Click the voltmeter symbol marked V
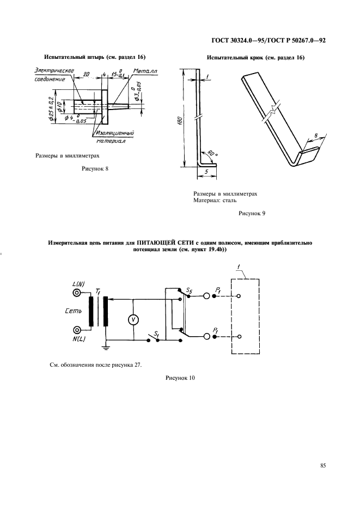tap(133, 320)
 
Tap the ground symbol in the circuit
tap(106, 348)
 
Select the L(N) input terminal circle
tap(77, 293)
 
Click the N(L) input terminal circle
tap(77, 330)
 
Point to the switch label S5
tap(189, 290)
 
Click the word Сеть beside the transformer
tap(73, 311)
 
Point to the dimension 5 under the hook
tap(206, 172)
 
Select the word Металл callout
tap(145, 71)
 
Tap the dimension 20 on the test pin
tap(87, 74)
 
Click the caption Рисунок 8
tap(95, 168)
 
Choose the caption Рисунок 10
tap(180, 378)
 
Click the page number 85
tap(323, 465)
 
